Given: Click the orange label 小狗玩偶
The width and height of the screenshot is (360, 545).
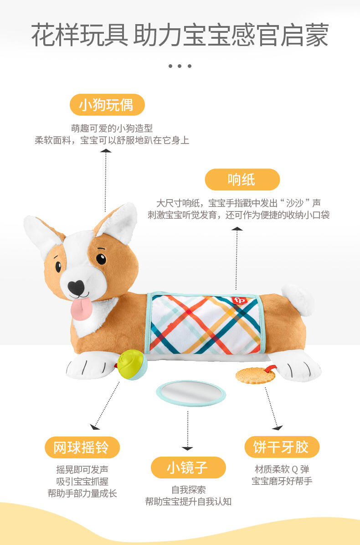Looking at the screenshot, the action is [x=107, y=105].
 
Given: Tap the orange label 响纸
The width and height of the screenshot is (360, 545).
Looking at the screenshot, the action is [x=242, y=180].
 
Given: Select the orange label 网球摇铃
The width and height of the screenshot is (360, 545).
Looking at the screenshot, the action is [x=82, y=447].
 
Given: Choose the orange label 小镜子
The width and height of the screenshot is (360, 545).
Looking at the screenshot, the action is [x=188, y=468].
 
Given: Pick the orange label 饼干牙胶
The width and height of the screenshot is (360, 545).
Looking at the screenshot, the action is [x=282, y=447].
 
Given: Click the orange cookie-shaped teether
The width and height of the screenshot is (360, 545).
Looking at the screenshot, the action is [x=255, y=376].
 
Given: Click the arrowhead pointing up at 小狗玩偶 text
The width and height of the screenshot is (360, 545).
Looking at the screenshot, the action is [x=106, y=151].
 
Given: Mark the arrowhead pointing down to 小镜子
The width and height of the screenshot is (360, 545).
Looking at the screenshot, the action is [x=188, y=449].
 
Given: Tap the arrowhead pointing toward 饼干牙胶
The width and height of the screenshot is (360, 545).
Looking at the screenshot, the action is [x=278, y=427].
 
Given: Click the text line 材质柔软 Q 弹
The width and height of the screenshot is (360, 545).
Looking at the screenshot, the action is [x=282, y=469].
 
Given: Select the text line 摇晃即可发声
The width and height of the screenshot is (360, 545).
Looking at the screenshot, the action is [x=82, y=469].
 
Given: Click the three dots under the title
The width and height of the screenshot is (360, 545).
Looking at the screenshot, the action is [x=180, y=66].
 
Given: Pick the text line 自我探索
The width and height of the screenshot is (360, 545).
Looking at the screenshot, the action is [x=188, y=490].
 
